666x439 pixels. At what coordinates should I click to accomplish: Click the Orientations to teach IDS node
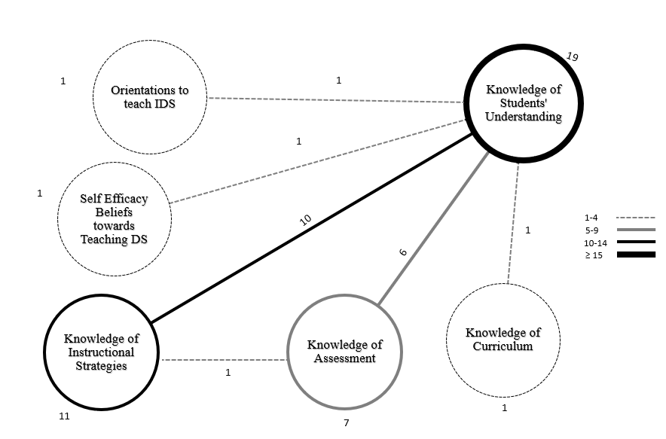[149, 96]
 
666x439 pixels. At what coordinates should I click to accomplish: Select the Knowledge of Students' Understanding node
[523, 103]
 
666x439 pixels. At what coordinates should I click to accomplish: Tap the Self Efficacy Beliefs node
[115, 219]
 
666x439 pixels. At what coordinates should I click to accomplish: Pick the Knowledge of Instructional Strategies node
[99, 352]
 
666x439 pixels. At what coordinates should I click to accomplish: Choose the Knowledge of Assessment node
[344, 352]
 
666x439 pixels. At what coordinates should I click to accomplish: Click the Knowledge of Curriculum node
[503, 340]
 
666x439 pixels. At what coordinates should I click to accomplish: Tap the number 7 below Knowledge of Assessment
[347, 422]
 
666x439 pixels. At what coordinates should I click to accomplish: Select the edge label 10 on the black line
[305, 220]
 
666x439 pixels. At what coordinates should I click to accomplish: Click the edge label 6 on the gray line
[402, 252]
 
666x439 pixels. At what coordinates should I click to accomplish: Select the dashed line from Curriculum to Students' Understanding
[513, 226]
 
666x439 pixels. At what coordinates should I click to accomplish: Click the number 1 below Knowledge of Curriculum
[505, 408]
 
